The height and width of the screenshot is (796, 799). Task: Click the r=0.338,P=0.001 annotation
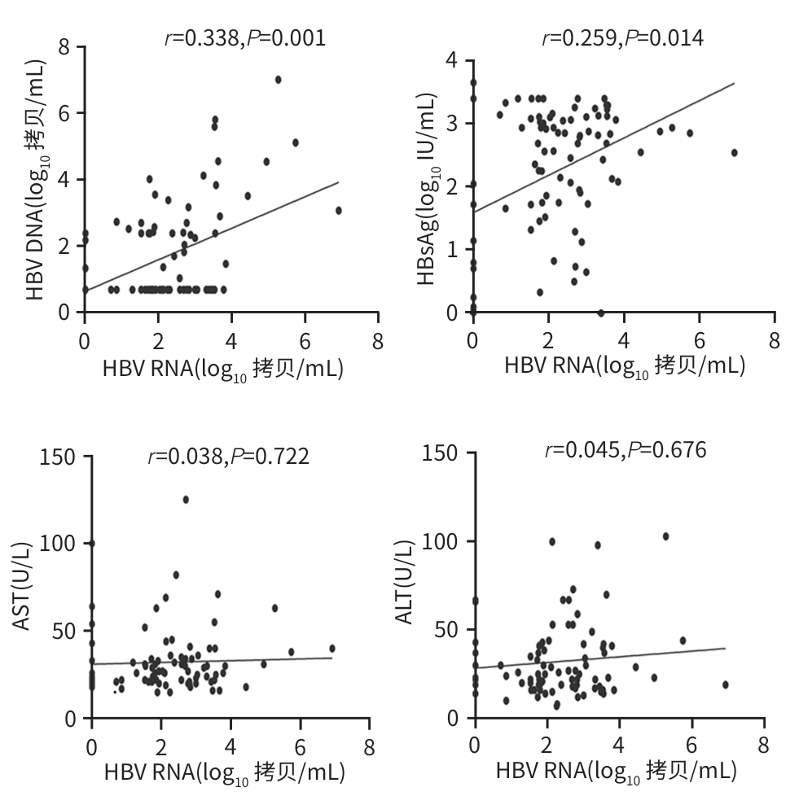tap(245, 37)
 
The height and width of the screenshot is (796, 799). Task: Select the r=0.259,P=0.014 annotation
tap(622, 37)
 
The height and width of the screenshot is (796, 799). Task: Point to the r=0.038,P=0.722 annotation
tap(228, 457)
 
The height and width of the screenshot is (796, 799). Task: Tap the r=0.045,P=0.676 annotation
tap(626, 450)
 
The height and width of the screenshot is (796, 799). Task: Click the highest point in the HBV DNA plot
tap(278, 80)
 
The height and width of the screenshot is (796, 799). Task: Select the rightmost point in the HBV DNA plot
tap(339, 210)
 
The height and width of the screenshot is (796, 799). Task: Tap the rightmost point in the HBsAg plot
tap(734, 152)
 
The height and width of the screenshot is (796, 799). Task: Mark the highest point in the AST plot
tap(186, 499)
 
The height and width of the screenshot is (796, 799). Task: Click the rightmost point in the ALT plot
tap(725, 684)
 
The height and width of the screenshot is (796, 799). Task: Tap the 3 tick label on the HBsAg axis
tap(450, 124)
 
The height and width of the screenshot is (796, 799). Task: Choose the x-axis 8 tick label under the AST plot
tap(370, 746)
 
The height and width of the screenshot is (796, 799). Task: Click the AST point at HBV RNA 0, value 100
tap(92, 543)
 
